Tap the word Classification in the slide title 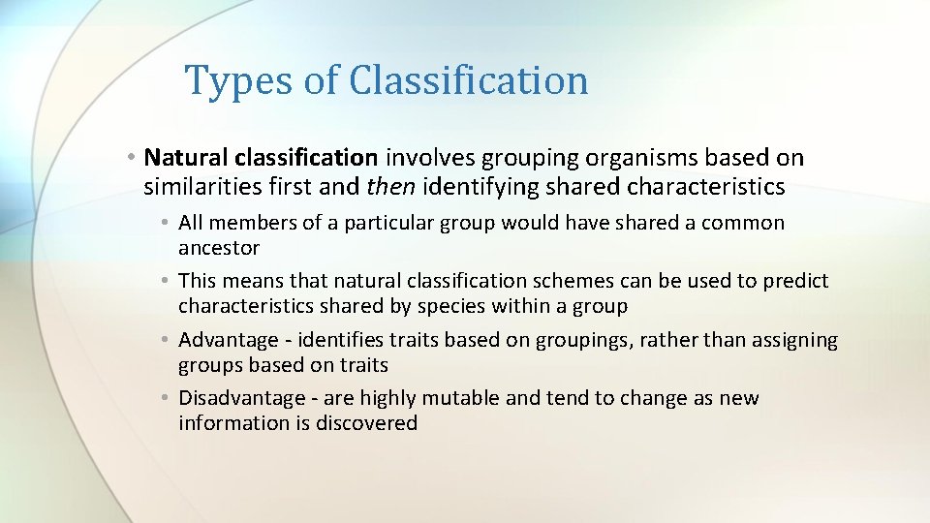(x=469, y=81)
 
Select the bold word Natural (x=183, y=157)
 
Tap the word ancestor (x=219, y=248)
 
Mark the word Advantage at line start (x=229, y=340)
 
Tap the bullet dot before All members (x=166, y=223)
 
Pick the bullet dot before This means (x=166, y=281)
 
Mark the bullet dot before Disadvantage (x=166, y=398)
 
